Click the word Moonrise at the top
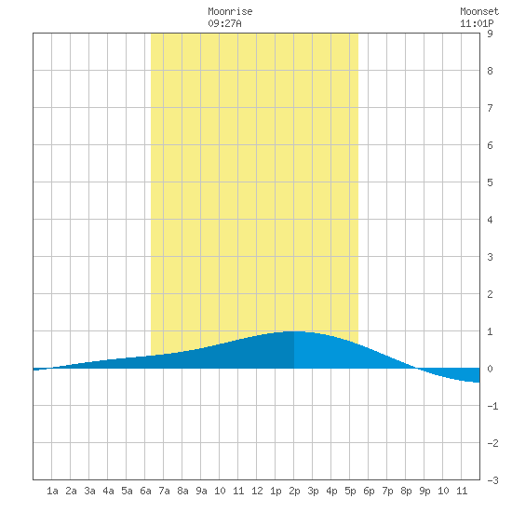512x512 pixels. pyautogui.click(x=230, y=11)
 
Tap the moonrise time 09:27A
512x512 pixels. pyautogui.click(x=224, y=23)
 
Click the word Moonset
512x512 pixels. pyautogui.click(x=479, y=11)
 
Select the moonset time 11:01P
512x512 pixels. pyautogui.click(x=477, y=23)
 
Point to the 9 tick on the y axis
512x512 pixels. pyautogui.click(x=490, y=34)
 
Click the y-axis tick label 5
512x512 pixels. pyautogui.click(x=490, y=182)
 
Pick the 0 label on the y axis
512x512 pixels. pyautogui.click(x=490, y=369)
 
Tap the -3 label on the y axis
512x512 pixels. pyautogui.click(x=492, y=480)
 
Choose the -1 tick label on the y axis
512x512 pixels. pyautogui.click(x=492, y=406)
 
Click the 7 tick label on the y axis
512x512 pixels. pyautogui.click(x=490, y=108)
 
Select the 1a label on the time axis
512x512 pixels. pyautogui.click(x=52, y=491)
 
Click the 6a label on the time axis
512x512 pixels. pyautogui.click(x=145, y=491)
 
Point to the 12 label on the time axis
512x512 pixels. pyautogui.click(x=257, y=491)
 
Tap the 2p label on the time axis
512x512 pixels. pyautogui.click(x=294, y=491)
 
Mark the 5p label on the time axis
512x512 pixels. pyautogui.click(x=350, y=491)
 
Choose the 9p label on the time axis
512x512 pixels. pyautogui.click(x=424, y=491)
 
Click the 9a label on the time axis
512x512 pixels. pyautogui.click(x=201, y=491)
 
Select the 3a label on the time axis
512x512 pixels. pyautogui.click(x=89, y=491)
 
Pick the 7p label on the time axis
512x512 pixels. pyautogui.click(x=387, y=491)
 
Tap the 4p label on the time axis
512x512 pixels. pyautogui.click(x=331, y=491)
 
